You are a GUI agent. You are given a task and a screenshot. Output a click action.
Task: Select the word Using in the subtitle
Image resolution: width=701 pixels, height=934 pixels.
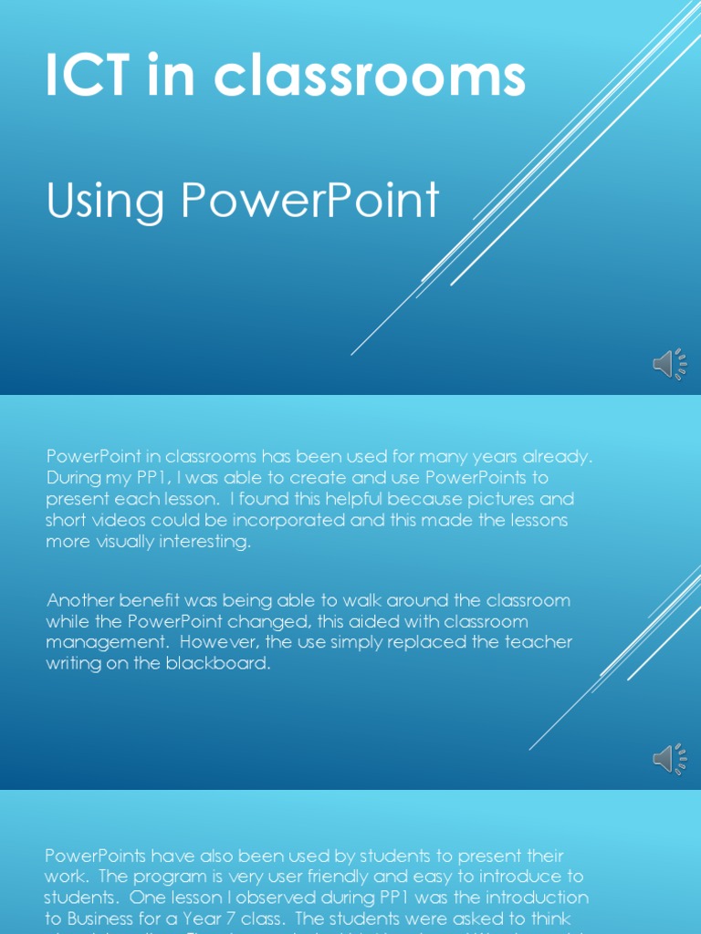coord(106,201)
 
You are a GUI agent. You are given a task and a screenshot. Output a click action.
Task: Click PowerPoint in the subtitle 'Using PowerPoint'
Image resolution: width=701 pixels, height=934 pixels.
coord(310,201)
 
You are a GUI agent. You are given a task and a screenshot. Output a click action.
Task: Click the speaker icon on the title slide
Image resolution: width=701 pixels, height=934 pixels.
coord(669,365)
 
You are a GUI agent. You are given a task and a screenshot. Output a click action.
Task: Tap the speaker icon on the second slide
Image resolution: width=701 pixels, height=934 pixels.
coord(669,759)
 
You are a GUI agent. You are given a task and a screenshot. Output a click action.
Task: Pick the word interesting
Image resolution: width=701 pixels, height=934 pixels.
coord(204,542)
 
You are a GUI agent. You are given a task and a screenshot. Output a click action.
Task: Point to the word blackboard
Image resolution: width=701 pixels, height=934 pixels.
coord(218,663)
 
